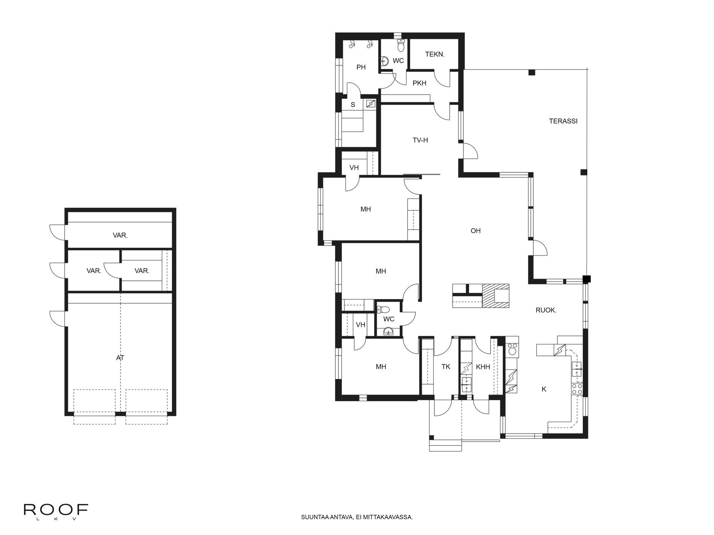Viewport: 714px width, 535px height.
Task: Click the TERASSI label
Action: [563, 121]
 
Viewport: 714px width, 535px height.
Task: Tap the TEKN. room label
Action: [435, 55]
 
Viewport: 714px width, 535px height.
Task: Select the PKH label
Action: [419, 83]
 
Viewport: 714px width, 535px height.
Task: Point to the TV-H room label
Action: [420, 140]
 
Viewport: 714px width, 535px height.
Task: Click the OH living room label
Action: [476, 231]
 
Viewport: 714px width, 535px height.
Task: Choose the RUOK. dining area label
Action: [546, 310]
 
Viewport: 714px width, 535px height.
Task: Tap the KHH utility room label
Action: [483, 367]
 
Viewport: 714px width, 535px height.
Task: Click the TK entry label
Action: [446, 367]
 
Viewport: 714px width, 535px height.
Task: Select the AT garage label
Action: [120, 358]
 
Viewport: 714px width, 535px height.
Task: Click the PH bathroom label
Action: [361, 67]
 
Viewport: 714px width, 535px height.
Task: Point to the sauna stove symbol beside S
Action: [371, 104]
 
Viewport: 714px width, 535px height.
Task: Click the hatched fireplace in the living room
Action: [495, 296]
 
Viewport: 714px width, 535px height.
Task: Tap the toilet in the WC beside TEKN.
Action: [401, 45]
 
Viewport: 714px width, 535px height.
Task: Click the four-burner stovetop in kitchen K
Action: [577, 389]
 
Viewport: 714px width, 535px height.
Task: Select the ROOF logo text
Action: [56, 510]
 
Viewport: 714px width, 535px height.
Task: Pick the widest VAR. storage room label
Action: [120, 235]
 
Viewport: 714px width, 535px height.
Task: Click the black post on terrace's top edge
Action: [532, 72]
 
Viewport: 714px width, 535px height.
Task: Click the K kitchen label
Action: [544, 389]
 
